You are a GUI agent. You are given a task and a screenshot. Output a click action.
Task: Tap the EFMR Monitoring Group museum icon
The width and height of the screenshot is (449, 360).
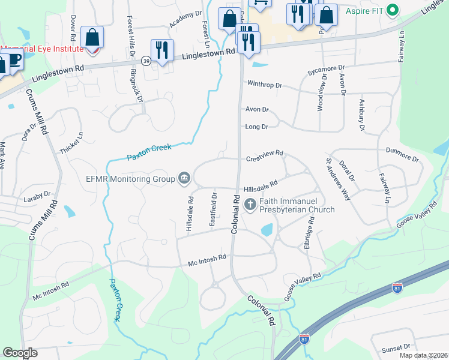(184, 178)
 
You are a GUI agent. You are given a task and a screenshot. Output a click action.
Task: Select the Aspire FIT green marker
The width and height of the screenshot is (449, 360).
(393, 10)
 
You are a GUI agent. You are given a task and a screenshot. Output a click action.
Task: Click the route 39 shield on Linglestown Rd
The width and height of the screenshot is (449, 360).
(146, 61)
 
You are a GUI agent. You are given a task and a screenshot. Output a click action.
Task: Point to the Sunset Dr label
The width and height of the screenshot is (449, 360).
(398, 347)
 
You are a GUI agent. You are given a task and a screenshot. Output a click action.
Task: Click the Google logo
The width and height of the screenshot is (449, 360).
(20, 353)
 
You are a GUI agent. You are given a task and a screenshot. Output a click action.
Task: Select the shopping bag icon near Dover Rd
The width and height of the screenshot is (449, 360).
(92, 37)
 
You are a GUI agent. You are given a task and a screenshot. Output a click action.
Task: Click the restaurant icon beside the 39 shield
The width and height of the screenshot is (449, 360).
(162, 50)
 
